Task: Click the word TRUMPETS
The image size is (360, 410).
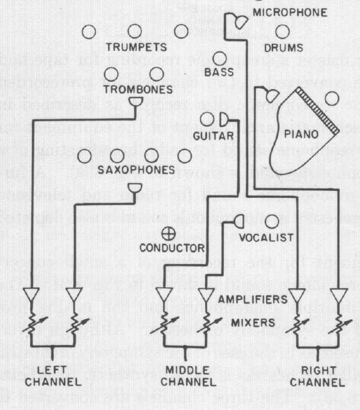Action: tap(136, 47)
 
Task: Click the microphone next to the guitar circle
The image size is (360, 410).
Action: tap(224, 119)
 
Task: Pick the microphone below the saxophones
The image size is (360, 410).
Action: tap(135, 188)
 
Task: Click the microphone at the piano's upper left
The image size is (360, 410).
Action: tap(272, 94)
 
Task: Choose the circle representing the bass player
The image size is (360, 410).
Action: tap(220, 58)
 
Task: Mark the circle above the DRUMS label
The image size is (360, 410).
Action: tap(283, 30)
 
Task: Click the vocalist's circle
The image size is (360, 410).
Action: tap(272, 222)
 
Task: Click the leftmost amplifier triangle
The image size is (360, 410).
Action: tap(31, 294)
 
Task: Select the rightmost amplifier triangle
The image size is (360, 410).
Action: tap(340, 294)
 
